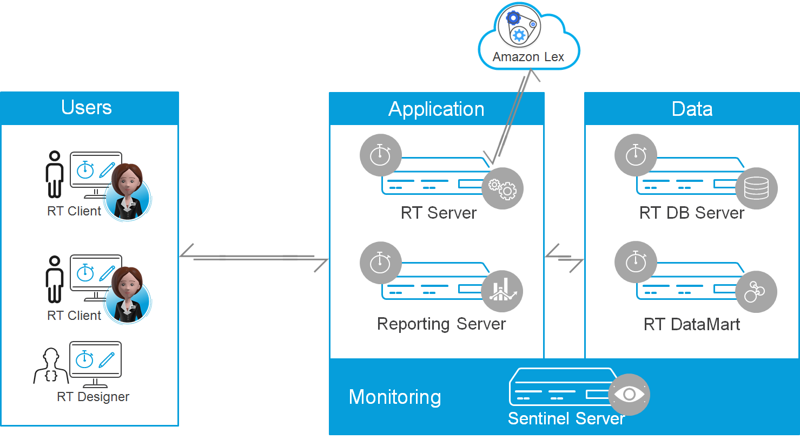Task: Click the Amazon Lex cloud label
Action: pos(528,57)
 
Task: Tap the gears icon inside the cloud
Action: pos(519,27)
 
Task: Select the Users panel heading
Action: pos(87,107)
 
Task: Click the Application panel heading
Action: pos(437,109)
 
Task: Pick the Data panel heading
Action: pos(692,109)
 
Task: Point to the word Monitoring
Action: pos(395,397)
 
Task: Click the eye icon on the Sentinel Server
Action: pos(629,395)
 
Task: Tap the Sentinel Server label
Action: pos(566,418)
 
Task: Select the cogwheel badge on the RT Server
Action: pos(503,188)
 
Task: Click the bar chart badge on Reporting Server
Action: pos(503,291)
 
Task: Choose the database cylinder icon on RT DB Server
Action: pos(756,188)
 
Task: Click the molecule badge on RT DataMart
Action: pos(756,291)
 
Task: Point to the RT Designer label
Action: pos(93,397)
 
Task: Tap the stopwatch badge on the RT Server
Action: pos(380,155)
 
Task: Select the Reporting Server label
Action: pos(441,324)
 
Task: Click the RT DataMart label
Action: pos(692,324)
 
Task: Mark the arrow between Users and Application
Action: pos(254,257)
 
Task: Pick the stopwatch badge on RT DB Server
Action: pos(636,155)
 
